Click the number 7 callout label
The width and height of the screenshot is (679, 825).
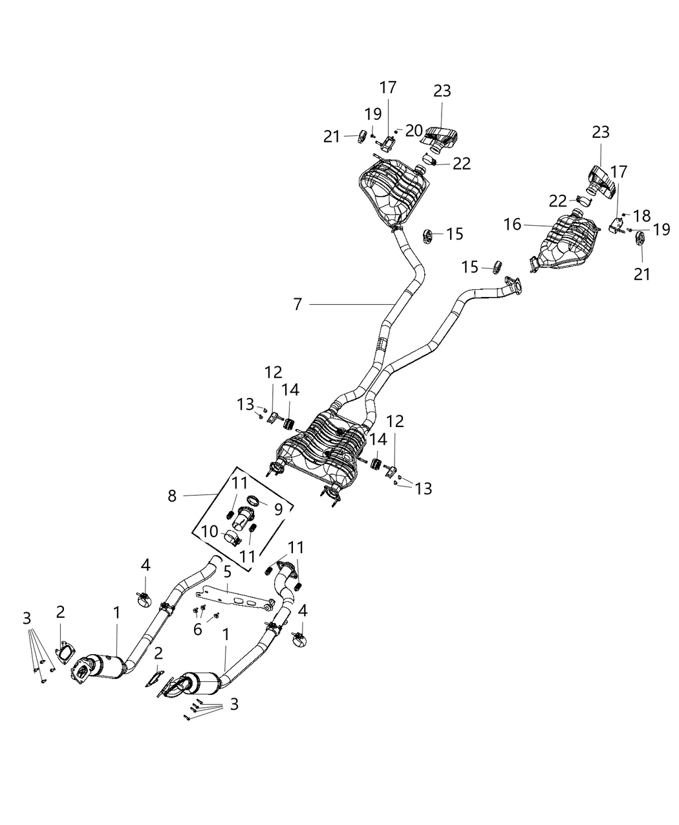tap(297, 304)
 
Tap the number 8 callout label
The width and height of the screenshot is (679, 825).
tap(171, 496)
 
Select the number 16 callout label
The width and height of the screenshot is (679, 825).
tap(512, 225)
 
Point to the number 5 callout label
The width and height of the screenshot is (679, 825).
tap(228, 571)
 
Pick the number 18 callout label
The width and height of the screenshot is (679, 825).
tap(642, 215)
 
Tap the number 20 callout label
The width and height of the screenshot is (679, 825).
tap(414, 129)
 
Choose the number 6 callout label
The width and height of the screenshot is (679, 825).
tap(198, 628)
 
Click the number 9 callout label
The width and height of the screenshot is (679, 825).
tap(278, 509)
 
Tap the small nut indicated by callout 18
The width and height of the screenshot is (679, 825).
tap(625, 214)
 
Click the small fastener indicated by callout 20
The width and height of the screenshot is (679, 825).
tap(396, 131)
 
